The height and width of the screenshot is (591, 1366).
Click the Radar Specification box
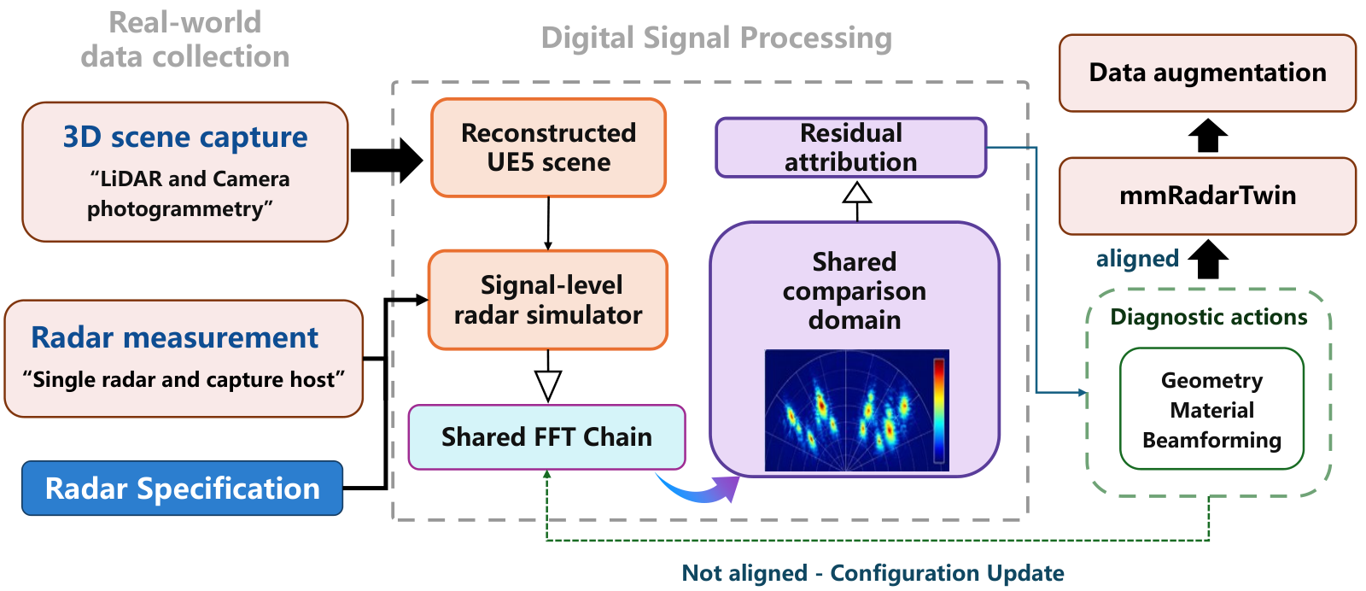183,488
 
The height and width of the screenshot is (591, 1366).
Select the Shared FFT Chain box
547,437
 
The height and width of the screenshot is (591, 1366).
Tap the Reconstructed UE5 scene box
548,148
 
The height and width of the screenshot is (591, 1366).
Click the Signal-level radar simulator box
548,300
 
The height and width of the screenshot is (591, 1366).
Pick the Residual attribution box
850,148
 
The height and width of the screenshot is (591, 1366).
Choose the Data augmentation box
1207,73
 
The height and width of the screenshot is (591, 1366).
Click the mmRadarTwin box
1207,196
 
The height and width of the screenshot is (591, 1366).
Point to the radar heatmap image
857,411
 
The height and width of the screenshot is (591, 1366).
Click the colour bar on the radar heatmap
939,411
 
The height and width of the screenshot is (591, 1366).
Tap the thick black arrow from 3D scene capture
386,161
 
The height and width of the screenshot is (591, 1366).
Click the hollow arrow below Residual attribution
857,201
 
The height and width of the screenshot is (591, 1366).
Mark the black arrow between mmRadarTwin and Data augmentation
1208,135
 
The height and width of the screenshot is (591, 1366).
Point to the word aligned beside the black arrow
1137,259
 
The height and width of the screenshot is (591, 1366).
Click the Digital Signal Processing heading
716,38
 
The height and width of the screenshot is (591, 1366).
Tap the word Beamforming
1211,441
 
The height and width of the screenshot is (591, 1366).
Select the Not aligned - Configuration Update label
873,573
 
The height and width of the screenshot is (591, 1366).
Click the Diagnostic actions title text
1209,317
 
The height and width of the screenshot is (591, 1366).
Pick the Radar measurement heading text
174,337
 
